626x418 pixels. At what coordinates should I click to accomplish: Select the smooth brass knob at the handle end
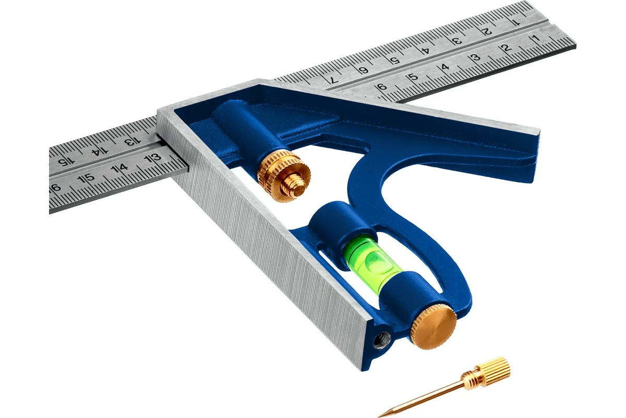(433, 326)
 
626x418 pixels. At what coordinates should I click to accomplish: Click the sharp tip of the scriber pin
(379, 416)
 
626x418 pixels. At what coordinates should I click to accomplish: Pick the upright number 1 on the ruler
(536, 38)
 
